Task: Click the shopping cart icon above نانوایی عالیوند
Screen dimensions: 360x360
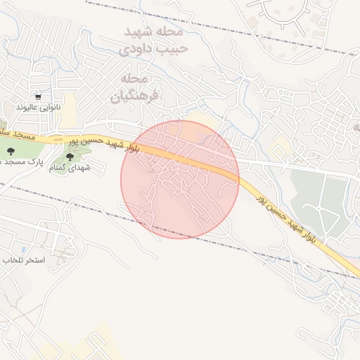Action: pyautogui.click(x=39, y=96)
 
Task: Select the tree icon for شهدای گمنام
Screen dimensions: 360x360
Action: pyautogui.click(x=69, y=155)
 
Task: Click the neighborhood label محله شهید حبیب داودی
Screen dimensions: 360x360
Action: pyautogui.click(x=153, y=41)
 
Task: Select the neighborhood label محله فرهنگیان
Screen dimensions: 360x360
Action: pyautogui.click(x=135, y=87)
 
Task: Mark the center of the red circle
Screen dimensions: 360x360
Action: pyautogui.click(x=180, y=179)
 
